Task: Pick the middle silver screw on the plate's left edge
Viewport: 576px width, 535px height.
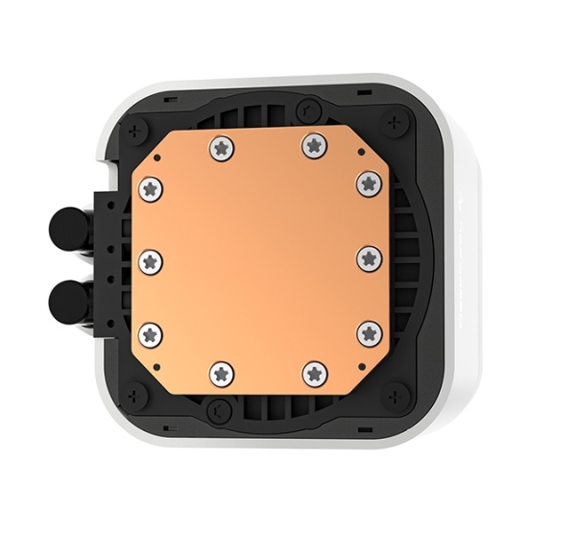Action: [151, 259]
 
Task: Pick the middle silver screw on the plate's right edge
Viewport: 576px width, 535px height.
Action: [370, 256]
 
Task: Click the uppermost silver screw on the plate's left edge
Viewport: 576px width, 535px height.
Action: [151, 187]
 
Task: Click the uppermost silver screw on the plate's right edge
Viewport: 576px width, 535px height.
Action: [369, 182]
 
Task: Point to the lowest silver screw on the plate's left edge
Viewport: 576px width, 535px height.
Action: [151, 333]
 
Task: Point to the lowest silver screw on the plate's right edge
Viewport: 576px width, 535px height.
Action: [370, 332]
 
